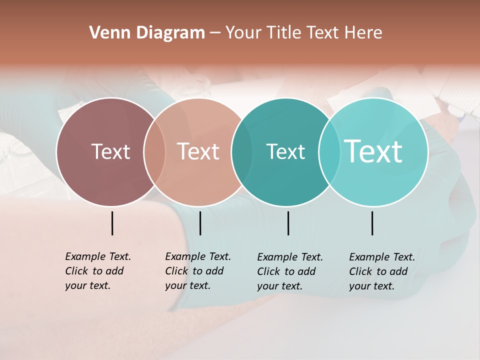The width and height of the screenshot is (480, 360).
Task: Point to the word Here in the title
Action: point(364,33)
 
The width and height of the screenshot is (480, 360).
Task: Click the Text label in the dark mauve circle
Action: point(110,151)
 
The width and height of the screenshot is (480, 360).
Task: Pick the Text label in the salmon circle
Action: point(198,151)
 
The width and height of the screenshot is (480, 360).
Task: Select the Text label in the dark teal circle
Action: point(285,151)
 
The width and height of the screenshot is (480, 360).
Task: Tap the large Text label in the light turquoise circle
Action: point(373,151)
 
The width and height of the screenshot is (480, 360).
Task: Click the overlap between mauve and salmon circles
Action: point(154,152)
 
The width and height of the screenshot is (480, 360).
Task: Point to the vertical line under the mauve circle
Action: point(112,223)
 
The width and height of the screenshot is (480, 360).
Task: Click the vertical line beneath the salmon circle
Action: point(200,223)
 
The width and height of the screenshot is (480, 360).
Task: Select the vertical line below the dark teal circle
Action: point(288,223)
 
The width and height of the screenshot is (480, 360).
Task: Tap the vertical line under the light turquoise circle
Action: point(372,223)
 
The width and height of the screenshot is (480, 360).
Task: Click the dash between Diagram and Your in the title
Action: point(215,33)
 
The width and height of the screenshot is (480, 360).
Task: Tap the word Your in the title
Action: point(243,33)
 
